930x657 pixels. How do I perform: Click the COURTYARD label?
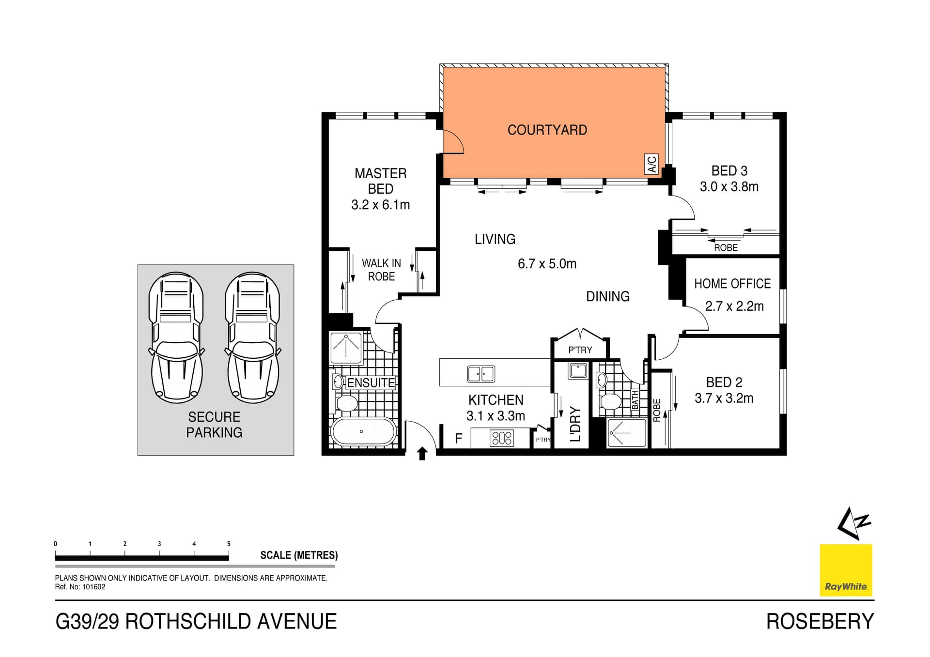tap(547, 130)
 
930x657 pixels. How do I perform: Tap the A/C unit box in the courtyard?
tap(651, 164)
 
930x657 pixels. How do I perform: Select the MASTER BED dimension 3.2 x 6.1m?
tap(380, 205)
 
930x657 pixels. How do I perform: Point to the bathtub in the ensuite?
tap(362, 431)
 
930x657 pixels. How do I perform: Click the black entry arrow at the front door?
tap(422, 454)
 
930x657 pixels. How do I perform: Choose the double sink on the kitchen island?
tap(480, 374)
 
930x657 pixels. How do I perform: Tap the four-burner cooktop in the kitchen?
tap(501, 438)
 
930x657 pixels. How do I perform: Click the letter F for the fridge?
tap(459, 439)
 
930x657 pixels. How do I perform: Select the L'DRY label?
tap(575, 424)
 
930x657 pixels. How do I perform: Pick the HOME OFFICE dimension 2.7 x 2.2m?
tap(734, 306)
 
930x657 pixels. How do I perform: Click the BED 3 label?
tap(729, 171)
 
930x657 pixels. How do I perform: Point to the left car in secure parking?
tap(176, 337)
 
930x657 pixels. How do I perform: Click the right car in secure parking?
tap(252, 337)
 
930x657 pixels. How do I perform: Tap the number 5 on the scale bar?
tap(229, 544)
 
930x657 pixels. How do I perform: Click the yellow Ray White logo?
tap(846, 570)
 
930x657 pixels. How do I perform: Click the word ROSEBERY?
tap(820, 622)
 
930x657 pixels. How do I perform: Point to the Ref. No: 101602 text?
tap(80, 587)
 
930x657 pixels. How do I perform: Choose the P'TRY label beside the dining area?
tap(580, 350)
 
